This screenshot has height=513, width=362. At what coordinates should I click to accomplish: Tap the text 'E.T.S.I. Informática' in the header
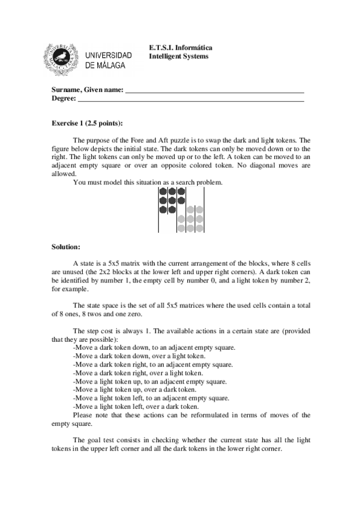coord(180,47)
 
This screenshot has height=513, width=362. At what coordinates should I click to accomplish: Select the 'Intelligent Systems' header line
coord(178,56)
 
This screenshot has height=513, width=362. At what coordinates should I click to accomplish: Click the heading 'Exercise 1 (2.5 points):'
coord(87,123)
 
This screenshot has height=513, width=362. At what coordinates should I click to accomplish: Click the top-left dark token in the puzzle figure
coord(163,191)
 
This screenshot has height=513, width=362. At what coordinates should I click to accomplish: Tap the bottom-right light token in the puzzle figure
coord(199,228)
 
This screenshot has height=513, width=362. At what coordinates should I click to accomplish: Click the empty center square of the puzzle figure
coord(181,210)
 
